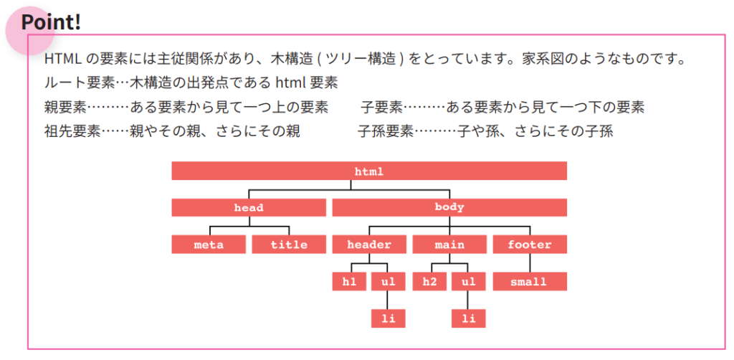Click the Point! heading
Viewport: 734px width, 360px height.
coord(51,22)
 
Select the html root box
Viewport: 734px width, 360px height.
coord(369,171)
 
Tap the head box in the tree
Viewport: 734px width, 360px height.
coord(249,208)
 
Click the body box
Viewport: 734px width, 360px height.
coord(449,208)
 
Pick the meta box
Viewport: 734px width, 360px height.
coord(209,245)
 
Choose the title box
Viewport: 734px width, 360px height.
coord(289,245)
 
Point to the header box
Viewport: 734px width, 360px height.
coord(369,245)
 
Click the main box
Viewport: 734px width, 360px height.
coord(449,245)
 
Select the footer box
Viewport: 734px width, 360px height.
coord(530,245)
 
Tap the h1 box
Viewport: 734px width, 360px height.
coord(349,282)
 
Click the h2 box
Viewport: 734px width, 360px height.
coord(429,282)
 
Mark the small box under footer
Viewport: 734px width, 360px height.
coord(530,282)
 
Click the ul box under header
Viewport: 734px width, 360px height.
coord(389,282)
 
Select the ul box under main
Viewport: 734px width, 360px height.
coord(469,282)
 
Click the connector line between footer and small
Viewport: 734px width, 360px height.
coord(530,263)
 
